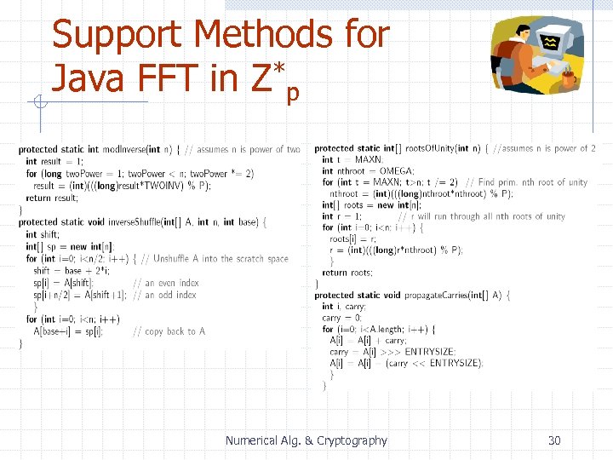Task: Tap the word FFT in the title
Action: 167,79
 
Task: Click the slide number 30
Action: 554,440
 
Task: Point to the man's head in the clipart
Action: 520,37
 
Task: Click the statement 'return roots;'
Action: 347,273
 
